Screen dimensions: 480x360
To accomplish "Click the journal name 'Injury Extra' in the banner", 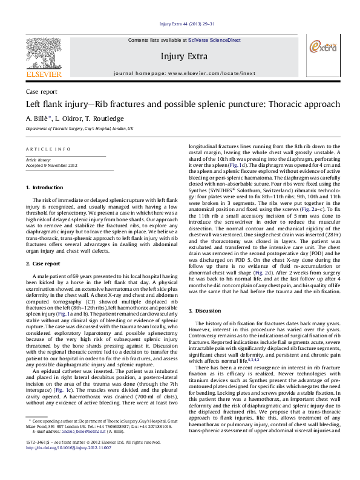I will (180, 56).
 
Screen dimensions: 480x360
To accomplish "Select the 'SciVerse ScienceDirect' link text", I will (214, 40).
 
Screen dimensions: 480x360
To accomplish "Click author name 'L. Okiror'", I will (70, 118).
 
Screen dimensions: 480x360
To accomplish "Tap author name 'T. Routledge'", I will (106, 118).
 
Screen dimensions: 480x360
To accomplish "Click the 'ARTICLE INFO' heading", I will (44, 149).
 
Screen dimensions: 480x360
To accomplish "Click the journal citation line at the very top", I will (180, 24).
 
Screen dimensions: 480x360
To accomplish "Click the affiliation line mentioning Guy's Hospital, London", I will (79, 129).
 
